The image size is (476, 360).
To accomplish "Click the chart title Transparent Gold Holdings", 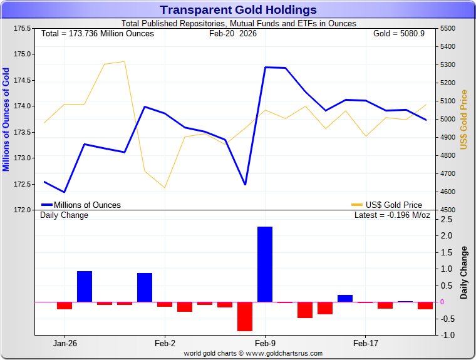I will [238, 10].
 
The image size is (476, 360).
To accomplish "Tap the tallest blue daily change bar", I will [265, 264].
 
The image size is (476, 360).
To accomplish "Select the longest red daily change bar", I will [245, 316].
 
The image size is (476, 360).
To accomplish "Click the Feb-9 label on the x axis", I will [265, 343].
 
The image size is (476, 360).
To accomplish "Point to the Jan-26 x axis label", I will [65, 343].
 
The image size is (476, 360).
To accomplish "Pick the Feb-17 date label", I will [365, 343].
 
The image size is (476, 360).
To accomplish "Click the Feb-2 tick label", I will [165, 343].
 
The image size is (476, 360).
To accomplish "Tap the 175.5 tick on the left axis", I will [23, 28].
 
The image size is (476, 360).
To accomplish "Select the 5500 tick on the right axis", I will [450, 28].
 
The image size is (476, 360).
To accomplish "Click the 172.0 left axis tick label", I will [23, 210].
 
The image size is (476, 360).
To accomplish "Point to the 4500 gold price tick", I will [450, 210].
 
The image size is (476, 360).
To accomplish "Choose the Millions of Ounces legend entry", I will [81, 205].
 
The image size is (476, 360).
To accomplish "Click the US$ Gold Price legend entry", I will [387, 205].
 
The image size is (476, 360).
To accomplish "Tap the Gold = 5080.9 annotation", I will [399, 33].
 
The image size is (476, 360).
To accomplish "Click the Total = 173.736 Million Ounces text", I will [97, 33].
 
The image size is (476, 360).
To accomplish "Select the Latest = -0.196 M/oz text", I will [392, 215].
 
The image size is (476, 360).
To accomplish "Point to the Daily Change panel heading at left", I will [65, 215].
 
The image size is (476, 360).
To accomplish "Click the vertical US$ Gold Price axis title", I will [464, 119].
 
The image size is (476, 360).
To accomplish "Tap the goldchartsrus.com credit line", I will [253, 353].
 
